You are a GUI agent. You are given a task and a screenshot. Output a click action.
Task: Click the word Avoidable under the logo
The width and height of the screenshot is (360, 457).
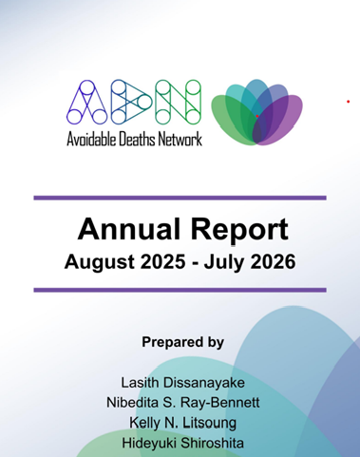click(91, 140)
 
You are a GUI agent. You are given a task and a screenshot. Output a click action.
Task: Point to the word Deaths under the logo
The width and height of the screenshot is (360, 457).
click(137, 140)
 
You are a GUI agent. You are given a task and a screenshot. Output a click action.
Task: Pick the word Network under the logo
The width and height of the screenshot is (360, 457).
click(180, 140)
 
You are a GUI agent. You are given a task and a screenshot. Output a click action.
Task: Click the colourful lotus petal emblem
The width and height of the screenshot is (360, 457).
click(256, 112)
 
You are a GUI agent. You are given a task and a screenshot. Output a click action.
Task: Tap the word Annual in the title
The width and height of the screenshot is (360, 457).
click(129, 229)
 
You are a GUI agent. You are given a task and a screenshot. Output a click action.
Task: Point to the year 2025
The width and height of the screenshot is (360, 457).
click(162, 261)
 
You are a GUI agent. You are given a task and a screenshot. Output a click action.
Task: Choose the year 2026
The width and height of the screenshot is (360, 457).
click(273, 261)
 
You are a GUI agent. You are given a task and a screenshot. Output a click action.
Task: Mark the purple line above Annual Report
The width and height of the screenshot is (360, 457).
click(180, 198)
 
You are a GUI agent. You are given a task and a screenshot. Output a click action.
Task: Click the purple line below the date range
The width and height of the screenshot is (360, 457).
click(180, 290)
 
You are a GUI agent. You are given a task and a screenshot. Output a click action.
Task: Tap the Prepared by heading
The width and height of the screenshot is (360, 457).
click(182, 343)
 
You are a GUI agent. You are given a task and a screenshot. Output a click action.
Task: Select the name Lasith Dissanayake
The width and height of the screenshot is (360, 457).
click(182, 383)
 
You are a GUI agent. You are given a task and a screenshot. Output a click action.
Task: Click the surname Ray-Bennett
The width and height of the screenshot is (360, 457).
click(220, 403)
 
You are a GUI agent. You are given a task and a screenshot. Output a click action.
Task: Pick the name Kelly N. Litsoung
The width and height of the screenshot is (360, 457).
click(182, 423)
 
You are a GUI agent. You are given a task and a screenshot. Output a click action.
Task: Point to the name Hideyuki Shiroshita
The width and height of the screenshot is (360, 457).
click(182, 443)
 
